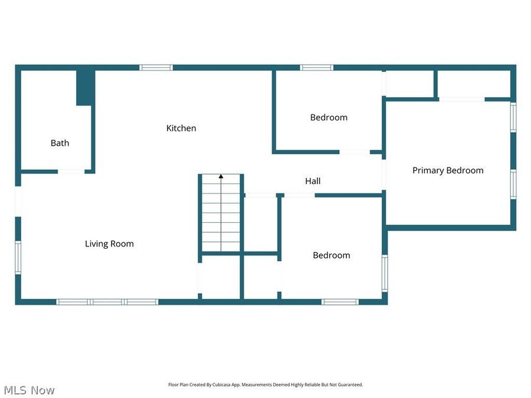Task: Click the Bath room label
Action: click(x=60, y=143)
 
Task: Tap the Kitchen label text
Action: click(x=181, y=128)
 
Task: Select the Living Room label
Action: click(x=109, y=244)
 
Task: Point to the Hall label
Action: click(x=313, y=181)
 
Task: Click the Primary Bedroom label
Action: click(x=448, y=170)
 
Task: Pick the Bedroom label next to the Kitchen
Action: click(x=329, y=117)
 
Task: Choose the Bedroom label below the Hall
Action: click(x=331, y=255)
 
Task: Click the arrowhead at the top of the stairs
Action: click(x=221, y=176)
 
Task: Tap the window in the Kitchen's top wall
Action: click(x=156, y=68)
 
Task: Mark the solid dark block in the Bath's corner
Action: click(x=86, y=87)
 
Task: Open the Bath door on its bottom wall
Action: click(x=71, y=172)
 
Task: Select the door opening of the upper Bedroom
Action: click(x=355, y=152)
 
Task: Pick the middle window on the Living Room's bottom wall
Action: click(x=107, y=302)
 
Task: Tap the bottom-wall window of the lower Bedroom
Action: click(x=340, y=302)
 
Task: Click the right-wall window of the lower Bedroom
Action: click(x=385, y=273)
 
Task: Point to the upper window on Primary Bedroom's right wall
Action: click(x=513, y=117)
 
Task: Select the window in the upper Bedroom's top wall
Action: click(x=317, y=68)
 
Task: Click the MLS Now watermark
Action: click(x=29, y=390)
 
